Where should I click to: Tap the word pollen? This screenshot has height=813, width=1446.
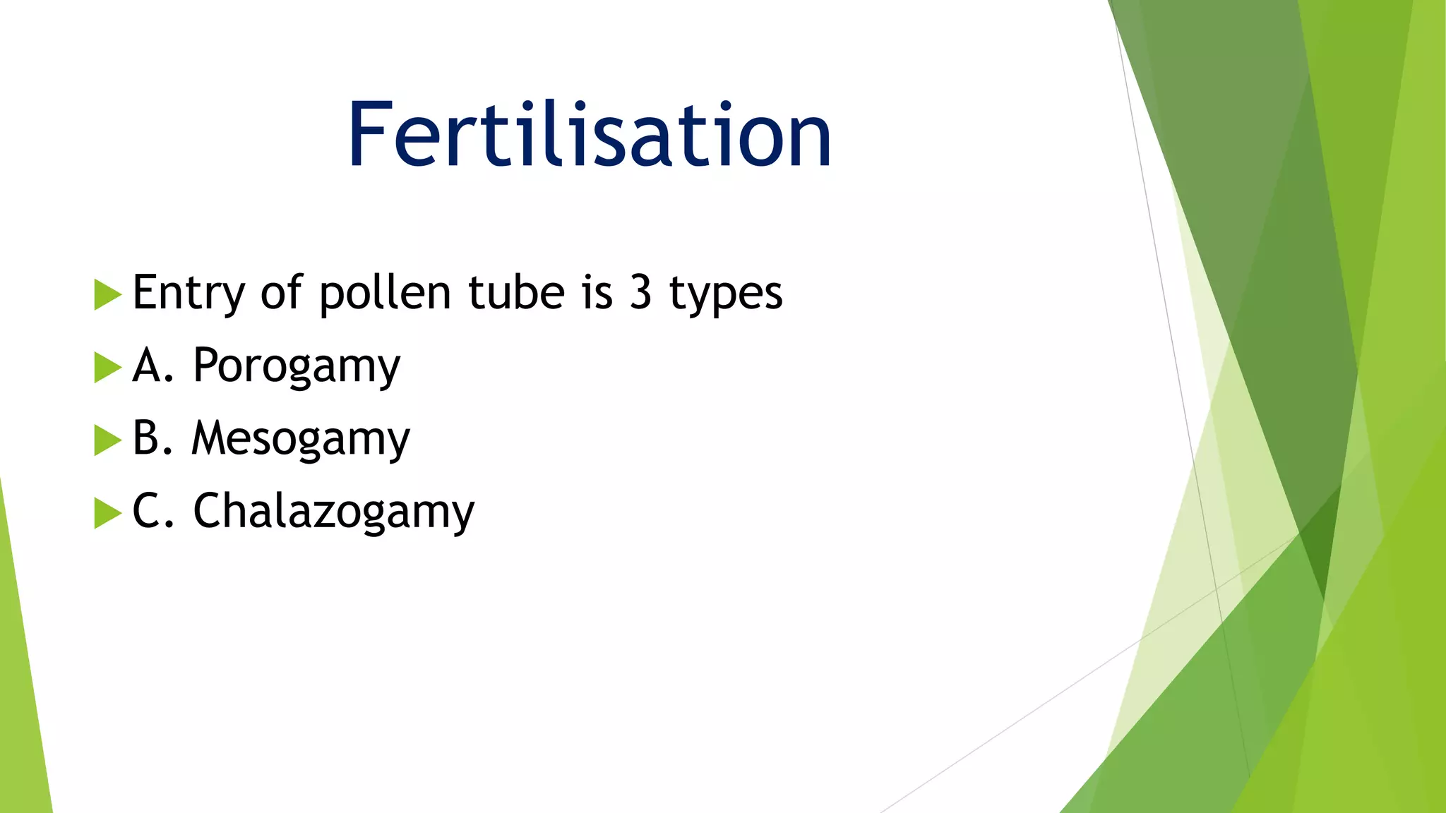(x=385, y=293)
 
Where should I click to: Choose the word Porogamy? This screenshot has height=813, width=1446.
(x=297, y=366)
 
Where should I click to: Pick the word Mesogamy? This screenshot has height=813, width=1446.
(x=301, y=439)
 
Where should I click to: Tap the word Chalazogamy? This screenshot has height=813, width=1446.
(x=334, y=512)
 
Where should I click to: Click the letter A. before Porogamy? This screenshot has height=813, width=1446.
(x=153, y=366)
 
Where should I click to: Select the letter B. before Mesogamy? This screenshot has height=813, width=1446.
(x=152, y=438)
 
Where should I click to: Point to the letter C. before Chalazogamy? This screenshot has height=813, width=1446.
(x=153, y=511)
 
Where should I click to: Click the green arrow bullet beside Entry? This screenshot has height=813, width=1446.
(x=107, y=294)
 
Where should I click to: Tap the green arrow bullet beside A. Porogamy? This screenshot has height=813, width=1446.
(x=107, y=368)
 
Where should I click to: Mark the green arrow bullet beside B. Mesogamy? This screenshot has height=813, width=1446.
(x=107, y=440)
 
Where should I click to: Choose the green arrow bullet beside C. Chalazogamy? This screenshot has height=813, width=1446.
(x=107, y=513)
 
